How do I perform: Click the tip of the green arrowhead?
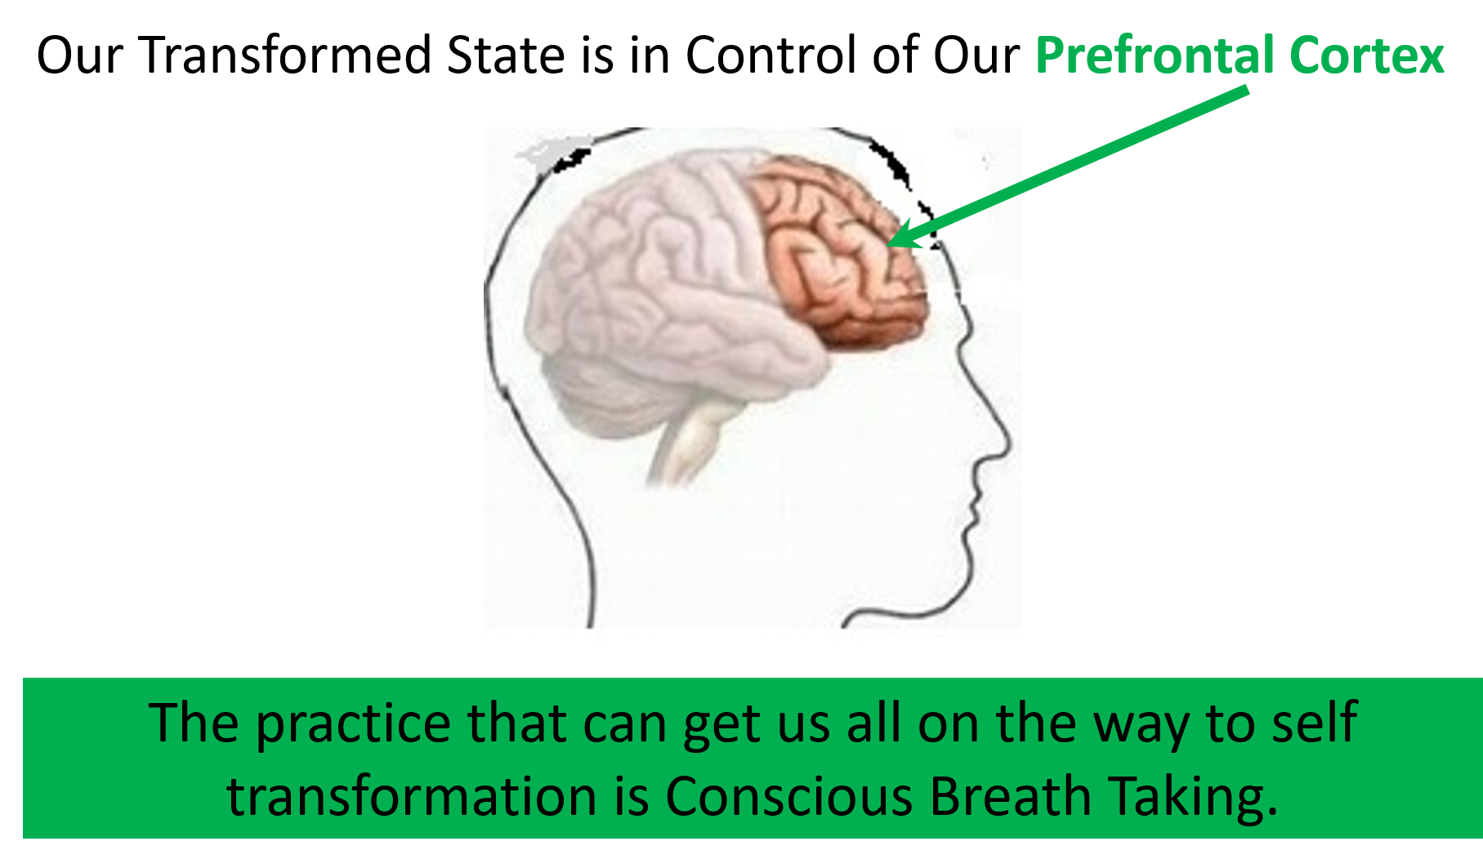(887, 245)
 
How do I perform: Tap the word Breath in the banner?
(1011, 796)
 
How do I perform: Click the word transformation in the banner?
(413, 796)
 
